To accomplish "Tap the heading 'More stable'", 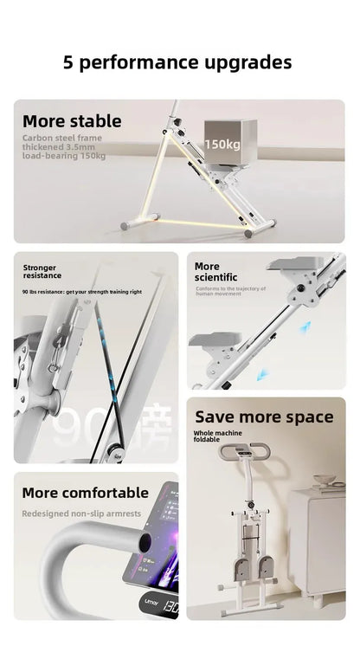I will pyautogui.click(x=72, y=121).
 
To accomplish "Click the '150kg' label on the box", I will pyautogui.click(x=222, y=145).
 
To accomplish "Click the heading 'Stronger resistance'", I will pyautogui.click(x=42, y=272).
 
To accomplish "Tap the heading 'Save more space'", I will pyautogui.click(x=264, y=417).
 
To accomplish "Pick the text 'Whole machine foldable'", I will pyautogui.click(x=217, y=436).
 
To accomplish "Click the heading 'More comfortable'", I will pyautogui.click(x=86, y=493).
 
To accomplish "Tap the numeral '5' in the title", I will pyautogui.click(x=68, y=62).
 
